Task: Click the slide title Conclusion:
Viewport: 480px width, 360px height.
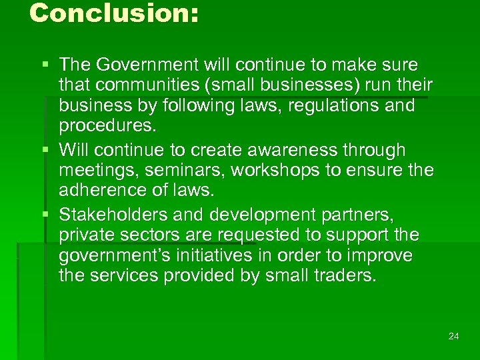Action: point(114,13)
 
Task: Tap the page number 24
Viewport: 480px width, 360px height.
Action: point(454,336)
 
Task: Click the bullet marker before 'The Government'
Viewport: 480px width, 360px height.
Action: point(45,65)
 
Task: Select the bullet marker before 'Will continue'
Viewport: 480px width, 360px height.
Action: point(45,150)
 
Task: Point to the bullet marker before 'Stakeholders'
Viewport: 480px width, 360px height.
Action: point(45,215)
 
